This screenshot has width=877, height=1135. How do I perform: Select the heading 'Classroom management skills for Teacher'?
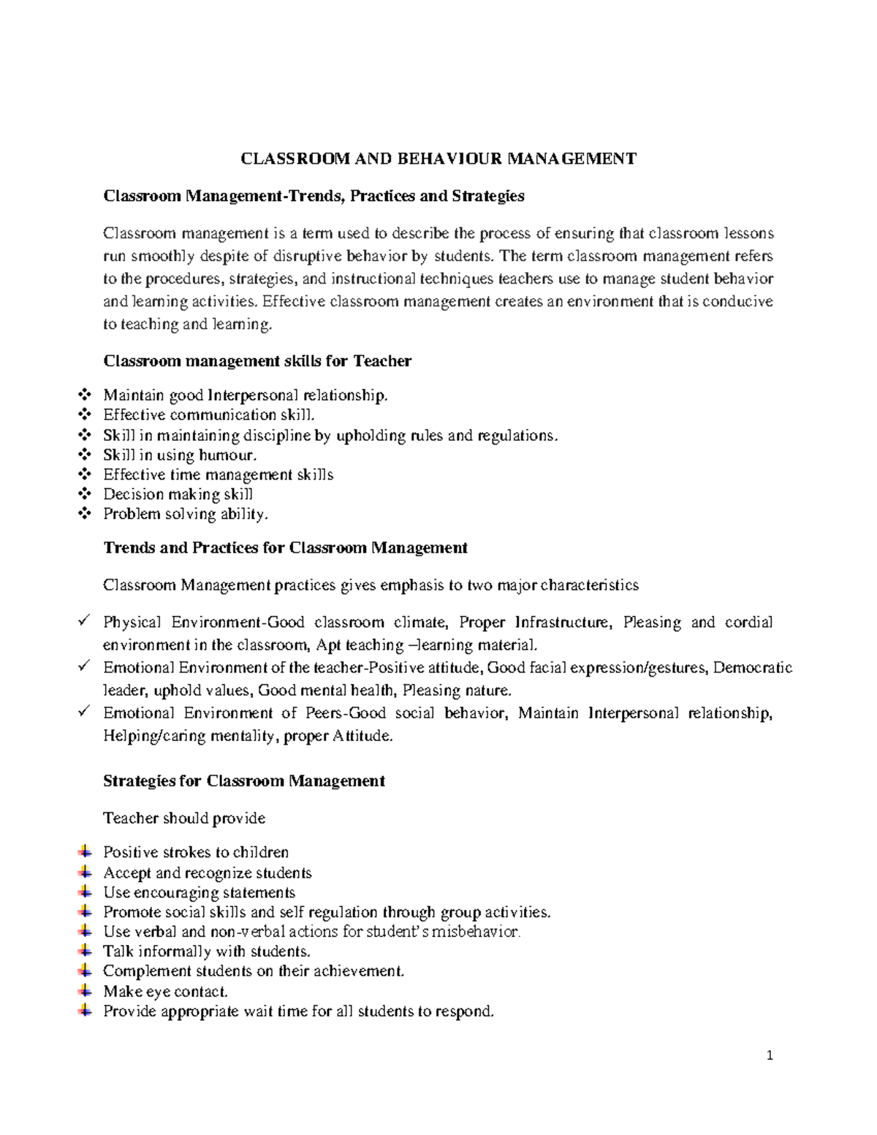[x=257, y=361]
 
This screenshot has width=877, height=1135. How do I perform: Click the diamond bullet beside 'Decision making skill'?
[x=84, y=494]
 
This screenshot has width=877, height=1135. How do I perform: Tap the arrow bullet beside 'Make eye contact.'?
[x=84, y=991]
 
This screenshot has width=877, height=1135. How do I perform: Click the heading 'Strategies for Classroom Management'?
[x=244, y=781]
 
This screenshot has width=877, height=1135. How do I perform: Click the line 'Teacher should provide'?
[x=184, y=818]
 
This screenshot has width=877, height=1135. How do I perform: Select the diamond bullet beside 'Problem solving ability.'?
[x=84, y=514]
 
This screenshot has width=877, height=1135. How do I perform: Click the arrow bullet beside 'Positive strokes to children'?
[x=84, y=851]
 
